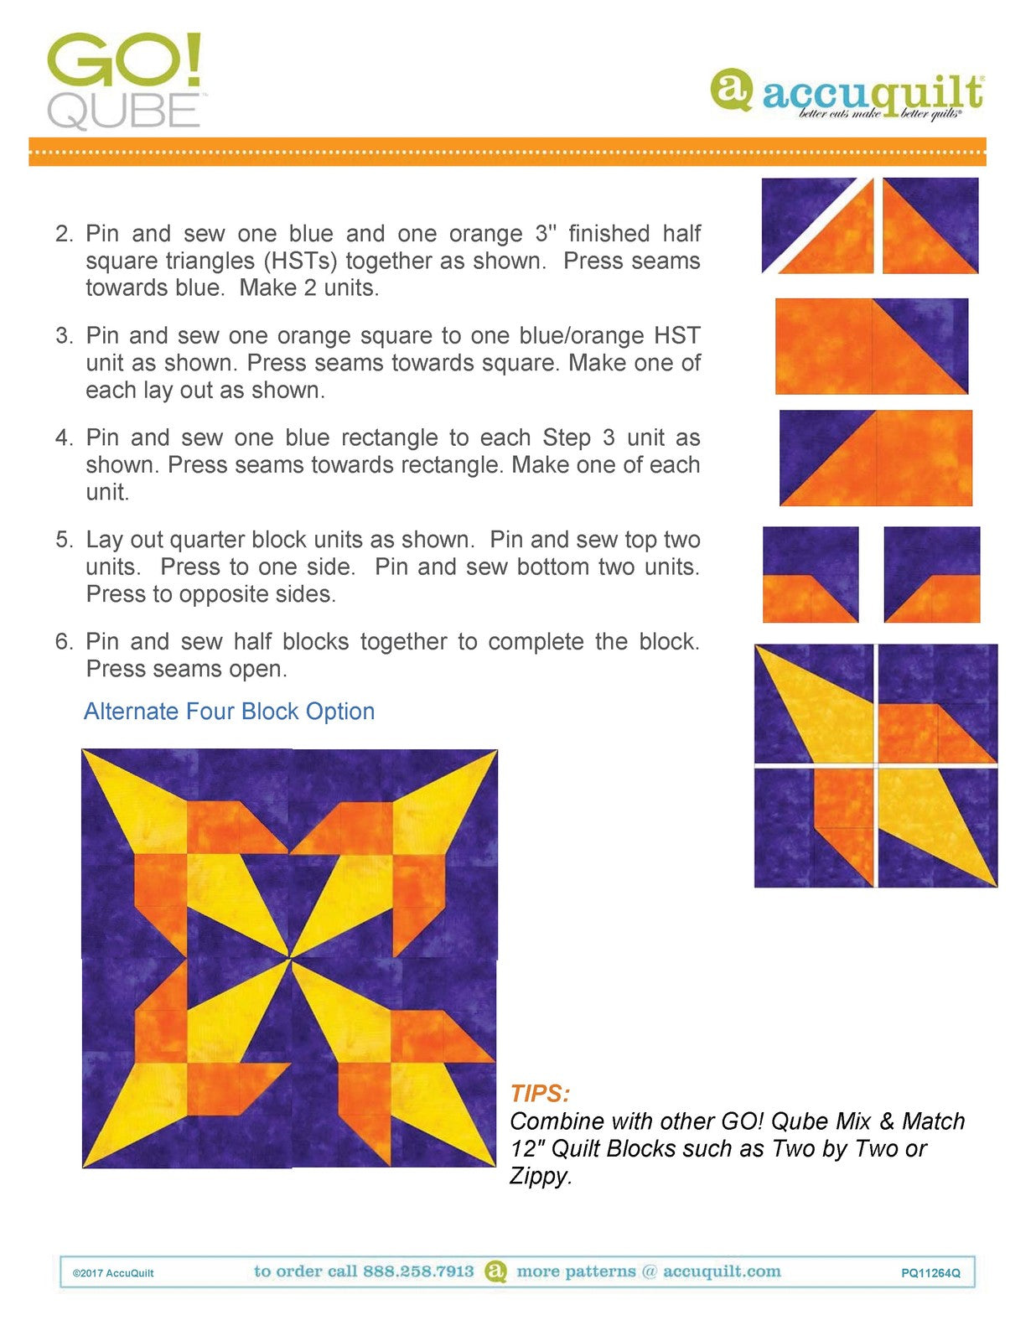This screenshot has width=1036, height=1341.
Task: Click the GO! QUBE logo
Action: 124,81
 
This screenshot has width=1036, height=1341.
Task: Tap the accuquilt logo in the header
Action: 847,94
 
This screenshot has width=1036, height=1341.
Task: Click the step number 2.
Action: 64,234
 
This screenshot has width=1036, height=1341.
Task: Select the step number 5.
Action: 64,540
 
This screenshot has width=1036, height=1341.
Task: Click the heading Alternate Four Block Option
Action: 229,712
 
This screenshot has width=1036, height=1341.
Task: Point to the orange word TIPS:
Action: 539,1094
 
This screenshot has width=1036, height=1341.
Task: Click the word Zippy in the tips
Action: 538,1176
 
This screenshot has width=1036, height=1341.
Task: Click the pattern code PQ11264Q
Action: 930,1273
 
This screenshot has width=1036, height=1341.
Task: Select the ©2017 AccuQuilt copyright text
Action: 113,1273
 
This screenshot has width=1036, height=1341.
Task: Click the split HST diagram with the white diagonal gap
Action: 817,225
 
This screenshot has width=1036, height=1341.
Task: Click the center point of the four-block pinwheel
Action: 290,958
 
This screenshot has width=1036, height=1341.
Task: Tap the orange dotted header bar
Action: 507,152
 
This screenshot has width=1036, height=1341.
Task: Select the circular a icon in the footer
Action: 496,1271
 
